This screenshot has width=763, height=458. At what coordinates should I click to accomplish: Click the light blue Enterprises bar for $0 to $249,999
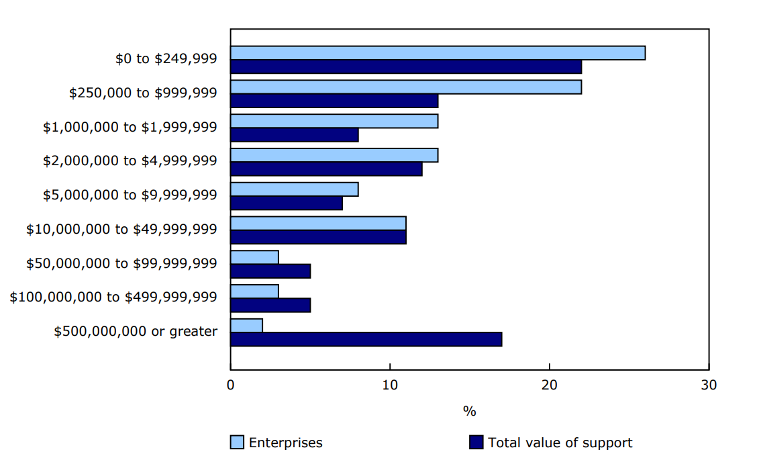pyautogui.click(x=438, y=53)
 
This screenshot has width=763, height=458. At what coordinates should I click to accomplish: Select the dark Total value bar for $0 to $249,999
pyautogui.click(x=406, y=66)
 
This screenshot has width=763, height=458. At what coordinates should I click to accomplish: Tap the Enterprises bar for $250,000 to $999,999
pyautogui.click(x=406, y=87)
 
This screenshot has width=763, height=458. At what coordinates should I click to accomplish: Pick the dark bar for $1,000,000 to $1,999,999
pyautogui.click(x=294, y=135)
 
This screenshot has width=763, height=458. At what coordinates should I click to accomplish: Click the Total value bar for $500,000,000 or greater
pyautogui.click(x=366, y=339)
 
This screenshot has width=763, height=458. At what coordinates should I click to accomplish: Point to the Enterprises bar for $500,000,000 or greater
pyautogui.click(x=246, y=326)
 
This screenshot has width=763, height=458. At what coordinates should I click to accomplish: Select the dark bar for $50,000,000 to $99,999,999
pyautogui.click(x=270, y=271)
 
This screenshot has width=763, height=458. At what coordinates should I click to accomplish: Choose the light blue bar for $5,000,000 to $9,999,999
pyautogui.click(x=294, y=189)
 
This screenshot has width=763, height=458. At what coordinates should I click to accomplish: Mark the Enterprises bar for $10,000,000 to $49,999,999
pyautogui.click(x=318, y=224)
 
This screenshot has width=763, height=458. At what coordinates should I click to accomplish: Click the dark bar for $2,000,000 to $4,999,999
pyautogui.click(x=326, y=169)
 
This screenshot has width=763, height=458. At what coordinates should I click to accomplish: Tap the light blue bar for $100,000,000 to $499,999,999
pyautogui.click(x=254, y=291)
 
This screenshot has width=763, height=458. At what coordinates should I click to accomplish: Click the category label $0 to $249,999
pyautogui.click(x=166, y=58)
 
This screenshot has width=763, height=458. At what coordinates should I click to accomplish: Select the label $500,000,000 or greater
pyautogui.click(x=136, y=331)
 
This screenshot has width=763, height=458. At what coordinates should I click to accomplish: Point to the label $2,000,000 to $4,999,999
pyautogui.click(x=130, y=161)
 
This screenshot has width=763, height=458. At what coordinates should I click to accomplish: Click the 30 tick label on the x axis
pyautogui.click(x=709, y=385)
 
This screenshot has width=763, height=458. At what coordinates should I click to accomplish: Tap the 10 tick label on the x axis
pyautogui.click(x=390, y=385)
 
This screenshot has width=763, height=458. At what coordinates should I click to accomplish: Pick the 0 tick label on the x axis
pyautogui.click(x=231, y=385)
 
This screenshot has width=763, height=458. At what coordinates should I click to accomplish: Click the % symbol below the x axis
pyautogui.click(x=469, y=411)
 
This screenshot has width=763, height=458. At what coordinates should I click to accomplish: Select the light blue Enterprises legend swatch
pyautogui.click(x=237, y=443)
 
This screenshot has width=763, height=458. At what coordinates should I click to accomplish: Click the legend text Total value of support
pyautogui.click(x=560, y=443)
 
